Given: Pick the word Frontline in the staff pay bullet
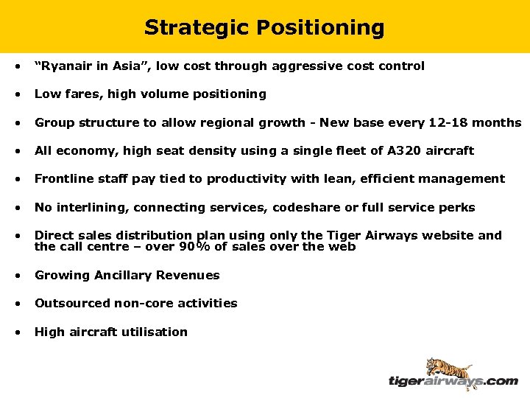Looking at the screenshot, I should [x=63, y=178].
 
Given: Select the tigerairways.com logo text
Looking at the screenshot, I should [x=453, y=381].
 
